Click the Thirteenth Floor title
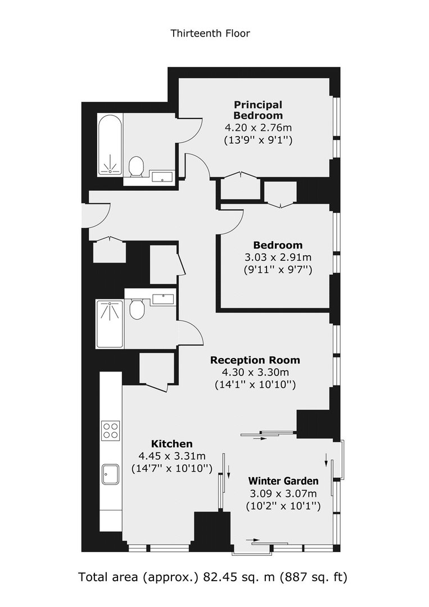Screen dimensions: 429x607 (210, 33)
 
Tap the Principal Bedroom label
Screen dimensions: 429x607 (258, 110)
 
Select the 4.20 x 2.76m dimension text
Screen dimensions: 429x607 (258, 128)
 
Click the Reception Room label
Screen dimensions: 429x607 (255, 360)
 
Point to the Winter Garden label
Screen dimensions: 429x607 (283, 481)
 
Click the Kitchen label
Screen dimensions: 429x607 (171, 444)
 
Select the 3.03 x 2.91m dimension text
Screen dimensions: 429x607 (278, 257)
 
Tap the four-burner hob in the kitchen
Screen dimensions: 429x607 (110, 431)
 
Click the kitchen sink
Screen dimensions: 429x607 (110, 474)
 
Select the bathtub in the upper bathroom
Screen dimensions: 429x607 (110, 144)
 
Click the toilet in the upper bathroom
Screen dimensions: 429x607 (136, 166)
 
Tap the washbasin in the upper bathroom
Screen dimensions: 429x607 (162, 177)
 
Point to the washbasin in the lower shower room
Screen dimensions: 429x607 (163, 299)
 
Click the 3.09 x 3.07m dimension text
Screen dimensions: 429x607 (283, 494)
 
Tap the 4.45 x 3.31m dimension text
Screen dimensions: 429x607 (172, 456)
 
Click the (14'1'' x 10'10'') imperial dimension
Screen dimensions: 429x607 (255, 385)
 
